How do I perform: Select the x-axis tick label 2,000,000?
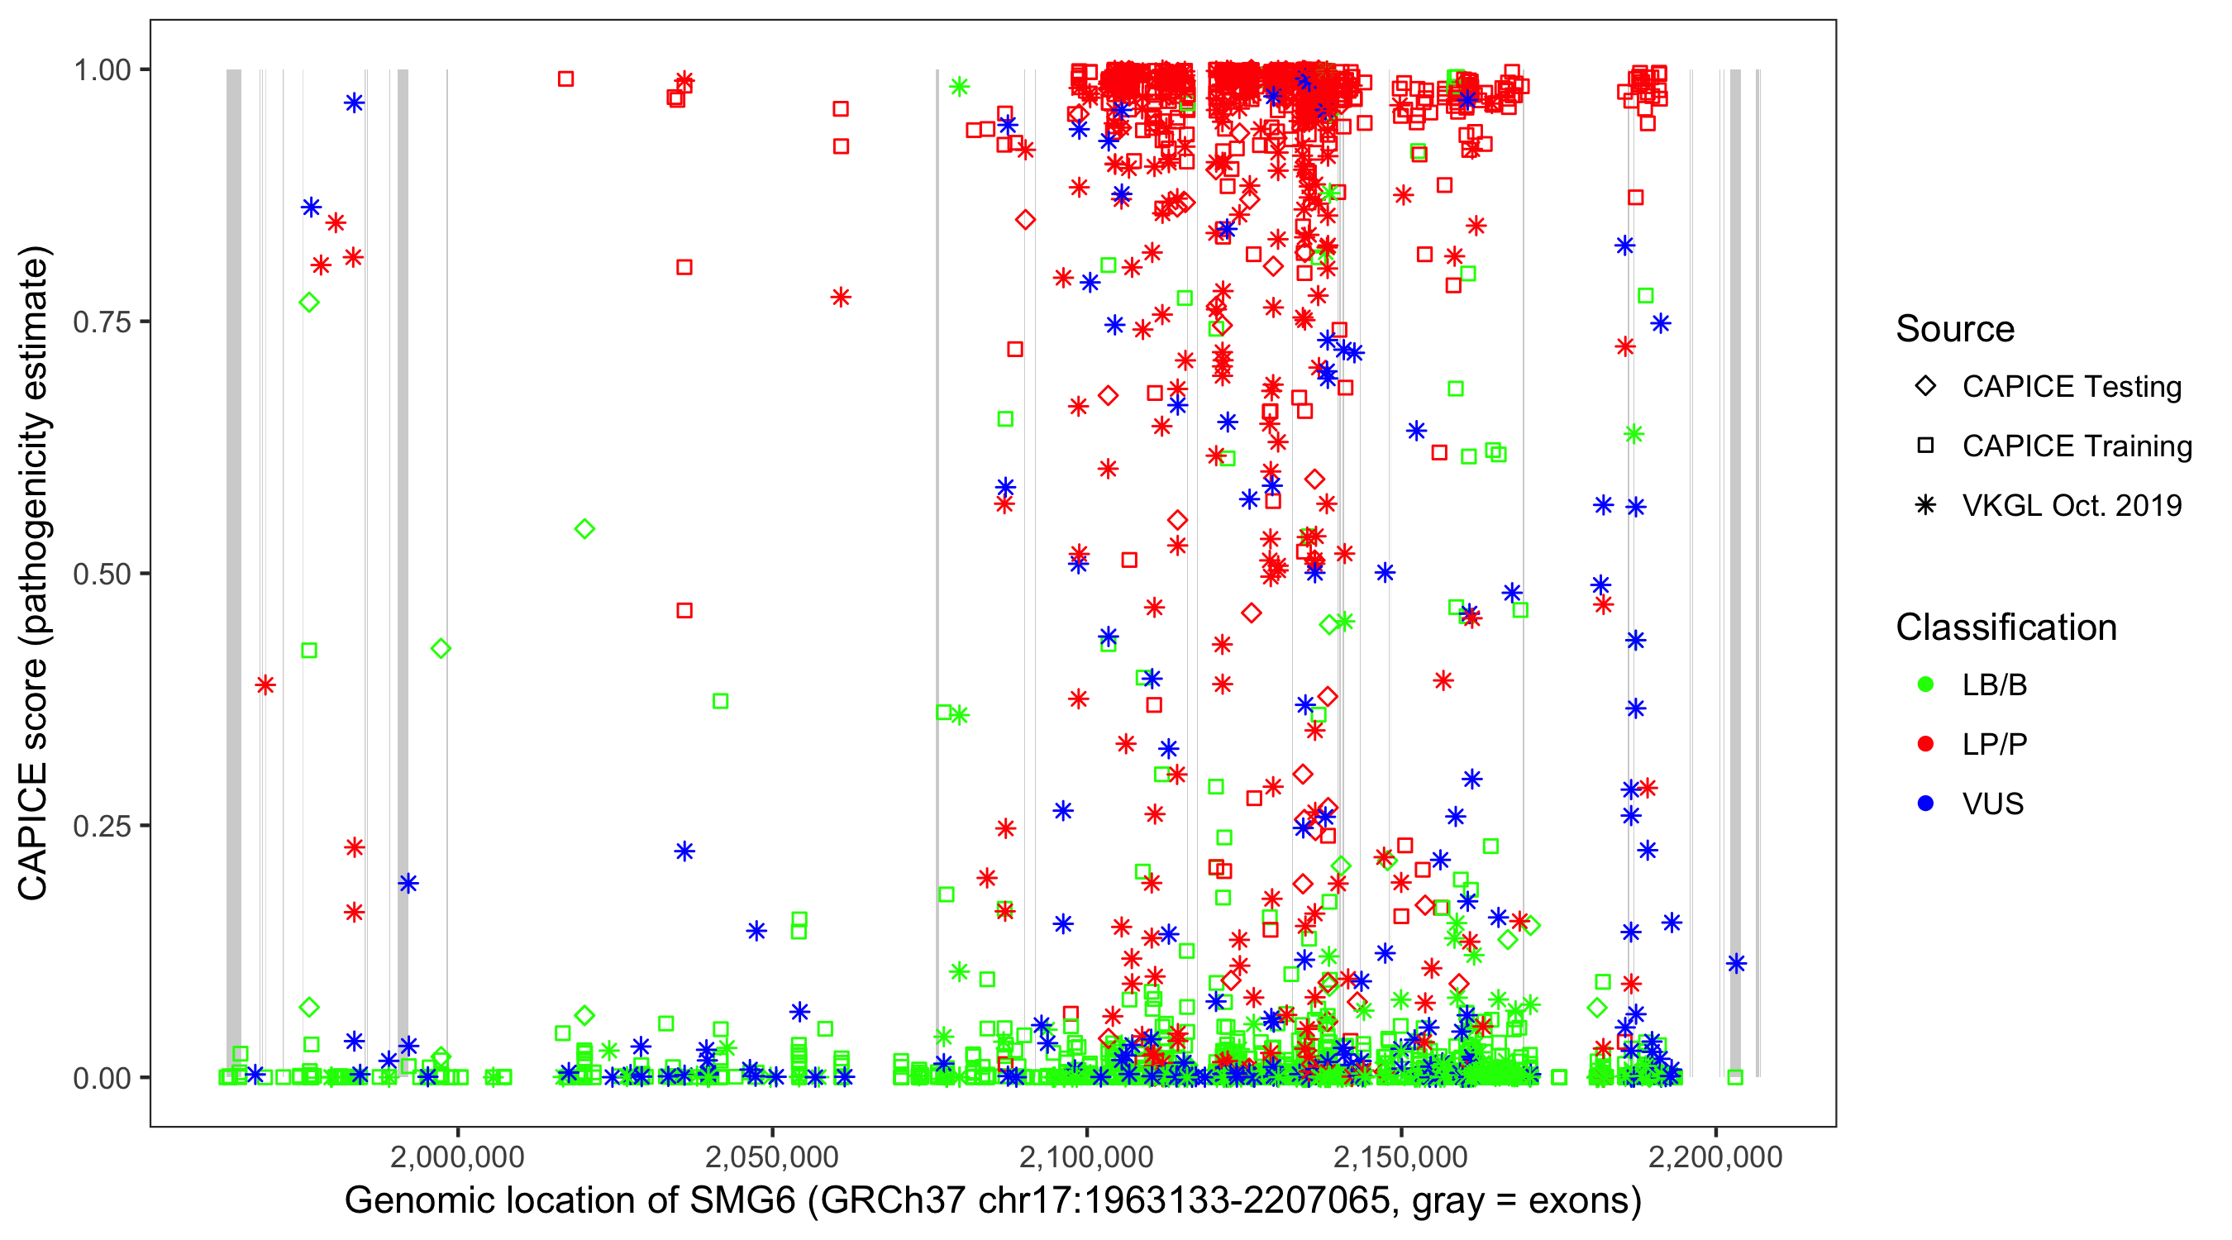point(456,1157)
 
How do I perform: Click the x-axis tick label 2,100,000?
point(1085,1157)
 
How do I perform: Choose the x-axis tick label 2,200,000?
point(1715,1157)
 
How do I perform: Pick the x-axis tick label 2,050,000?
point(771,1157)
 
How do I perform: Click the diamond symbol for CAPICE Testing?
point(1925,387)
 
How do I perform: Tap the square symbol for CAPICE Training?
point(1925,446)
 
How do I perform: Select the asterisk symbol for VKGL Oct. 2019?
point(1925,505)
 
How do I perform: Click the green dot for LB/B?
point(1925,684)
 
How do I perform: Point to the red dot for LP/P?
point(1925,744)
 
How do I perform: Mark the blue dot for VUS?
point(1925,804)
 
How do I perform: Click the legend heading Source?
point(1955,329)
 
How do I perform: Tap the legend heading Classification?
point(2005,627)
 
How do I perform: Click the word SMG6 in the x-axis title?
point(742,1201)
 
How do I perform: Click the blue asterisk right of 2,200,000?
point(1735,964)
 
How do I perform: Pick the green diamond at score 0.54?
point(584,529)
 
